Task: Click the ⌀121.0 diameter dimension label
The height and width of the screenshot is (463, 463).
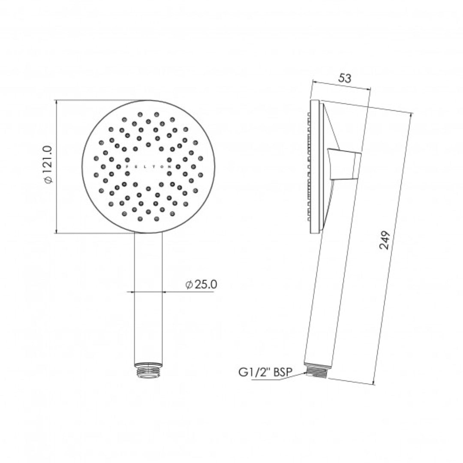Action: click(48, 165)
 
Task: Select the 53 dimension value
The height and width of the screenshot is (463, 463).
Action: click(345, 78)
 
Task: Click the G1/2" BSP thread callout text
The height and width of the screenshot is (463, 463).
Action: click(265, 373)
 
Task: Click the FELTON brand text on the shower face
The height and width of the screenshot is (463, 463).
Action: click(148, 166)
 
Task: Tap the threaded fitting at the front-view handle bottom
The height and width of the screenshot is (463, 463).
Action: click(148, 370)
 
